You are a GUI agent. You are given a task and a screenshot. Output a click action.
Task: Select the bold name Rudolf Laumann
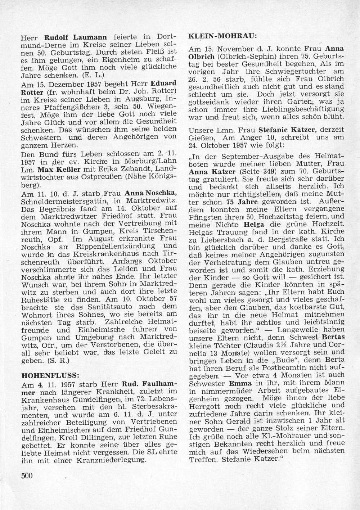point(69,37)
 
